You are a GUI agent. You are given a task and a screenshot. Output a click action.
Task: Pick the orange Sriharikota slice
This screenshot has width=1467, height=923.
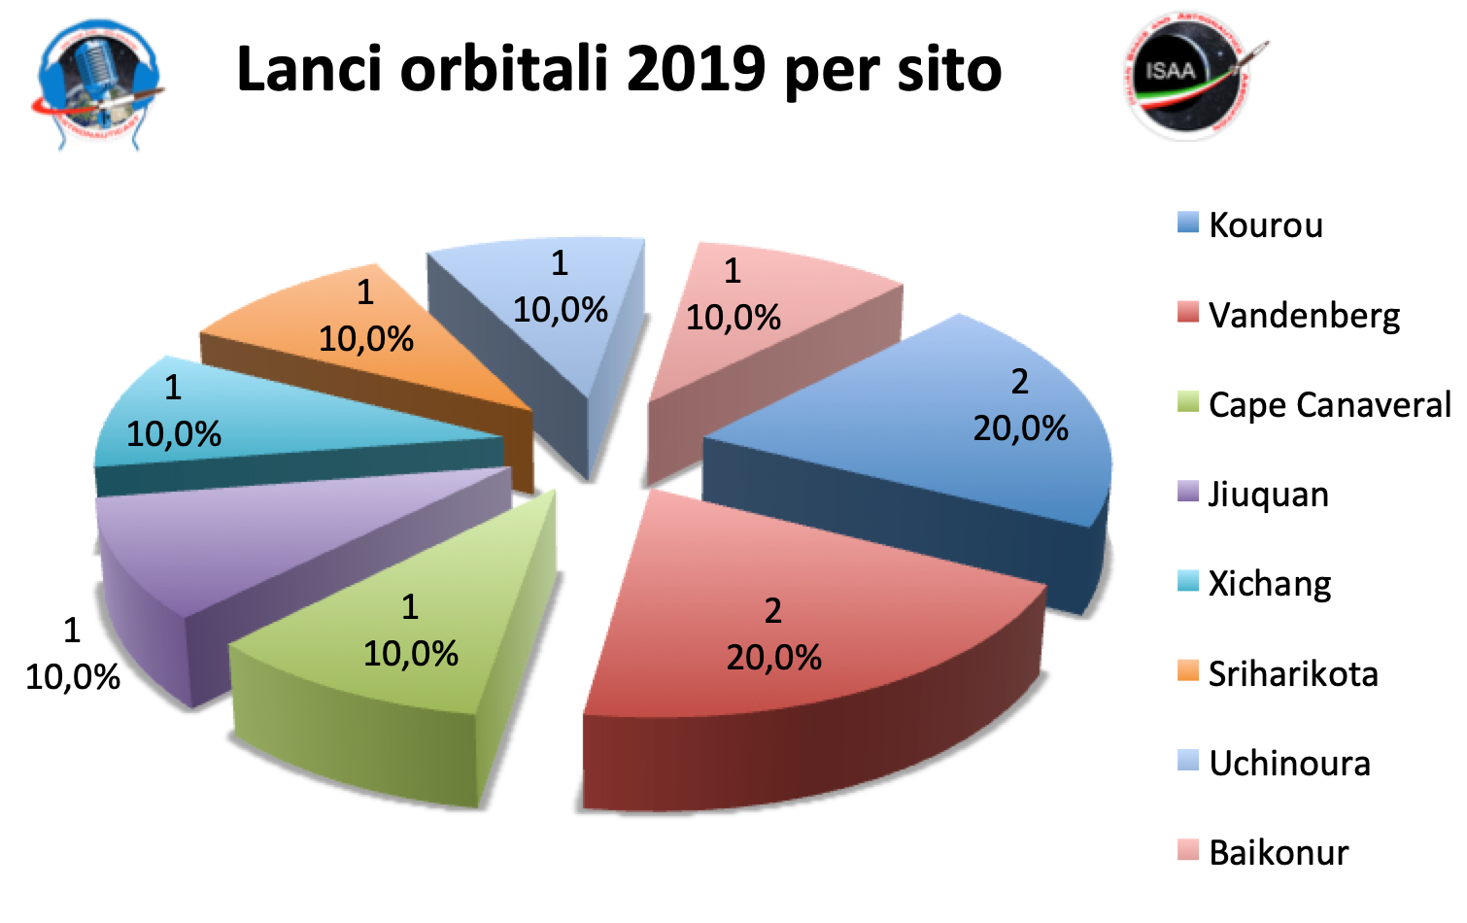click(389, 330)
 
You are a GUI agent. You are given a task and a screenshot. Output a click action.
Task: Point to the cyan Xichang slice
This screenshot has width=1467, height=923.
click(243, 418)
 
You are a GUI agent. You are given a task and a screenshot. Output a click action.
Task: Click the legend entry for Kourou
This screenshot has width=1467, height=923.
click(1265, 225)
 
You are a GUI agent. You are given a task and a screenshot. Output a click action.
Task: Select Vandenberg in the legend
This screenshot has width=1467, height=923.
click(1304, 315)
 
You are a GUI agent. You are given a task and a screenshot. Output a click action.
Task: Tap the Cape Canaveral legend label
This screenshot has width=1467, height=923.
click(1329, 404)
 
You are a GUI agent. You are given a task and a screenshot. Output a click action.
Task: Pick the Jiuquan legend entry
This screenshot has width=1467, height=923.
click(1268, 495)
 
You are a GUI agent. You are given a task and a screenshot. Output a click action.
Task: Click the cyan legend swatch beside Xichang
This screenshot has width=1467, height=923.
click(1187, 581)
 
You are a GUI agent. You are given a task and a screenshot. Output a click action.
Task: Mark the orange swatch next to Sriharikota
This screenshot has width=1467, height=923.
click(1187, 670)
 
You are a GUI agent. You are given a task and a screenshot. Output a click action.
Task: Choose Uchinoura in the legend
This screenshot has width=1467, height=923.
click(1289, 764)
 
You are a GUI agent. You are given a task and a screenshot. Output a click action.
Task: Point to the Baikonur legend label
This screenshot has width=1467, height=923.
click(1279, 853)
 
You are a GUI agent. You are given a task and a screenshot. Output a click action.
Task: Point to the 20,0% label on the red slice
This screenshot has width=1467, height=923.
click(773, 658)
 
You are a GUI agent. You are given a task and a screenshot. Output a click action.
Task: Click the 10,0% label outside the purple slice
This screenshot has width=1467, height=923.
click(73, 677)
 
